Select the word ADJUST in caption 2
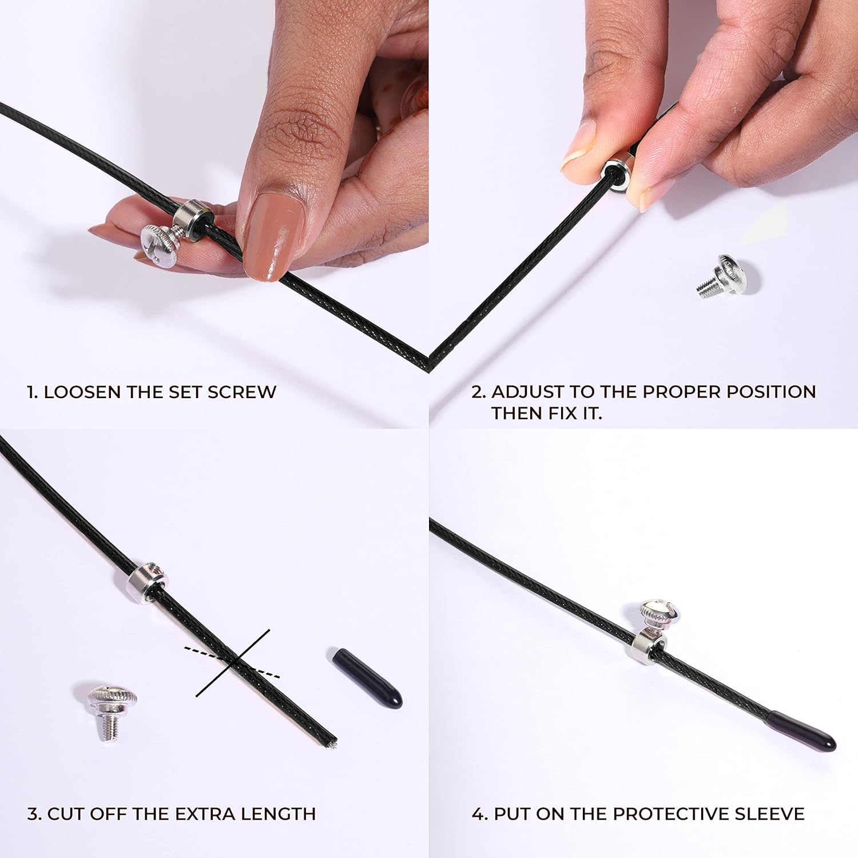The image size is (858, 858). (x=522, y=392)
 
